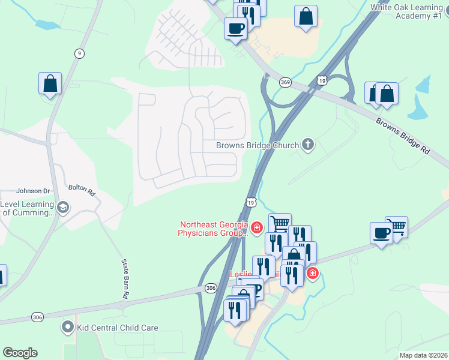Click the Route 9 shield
(x=79, y=53)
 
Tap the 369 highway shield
(x=286, y=82)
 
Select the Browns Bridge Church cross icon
(x=308, y=145)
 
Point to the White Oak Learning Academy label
(x=406, y=11)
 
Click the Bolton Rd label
(x=82, y=191)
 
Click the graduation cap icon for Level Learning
(x=64, y=208)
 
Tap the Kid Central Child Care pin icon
(x=67, y=328)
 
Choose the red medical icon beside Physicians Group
(x=257, y=227)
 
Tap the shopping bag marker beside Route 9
(x=50, y=84)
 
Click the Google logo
(x=20, y=353)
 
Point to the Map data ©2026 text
(x=423, y=355)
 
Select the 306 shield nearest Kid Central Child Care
(x=38, y=317)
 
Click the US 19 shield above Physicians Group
(x=250, y=202)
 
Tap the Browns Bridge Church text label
(x=258, y=145)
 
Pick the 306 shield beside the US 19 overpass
(x=210, y=288)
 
